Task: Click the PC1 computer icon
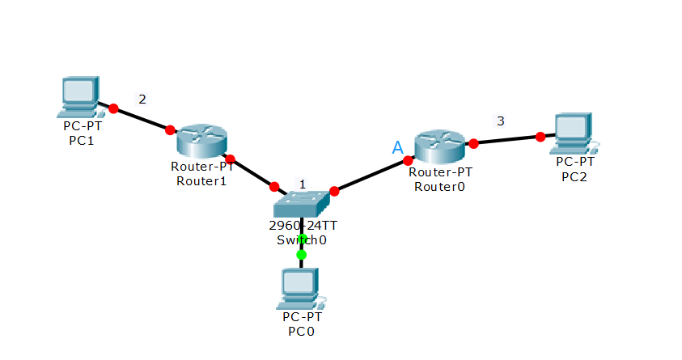point(80,95)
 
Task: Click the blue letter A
point(397,147)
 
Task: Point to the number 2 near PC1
point(142,100)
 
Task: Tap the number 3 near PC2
point(500,121)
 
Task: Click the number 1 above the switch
point(303,184)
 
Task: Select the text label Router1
point(202,180)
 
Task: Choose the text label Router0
point(439,186)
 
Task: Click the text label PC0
point(301,331)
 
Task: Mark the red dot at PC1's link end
point(113,108)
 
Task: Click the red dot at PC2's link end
point(540,137)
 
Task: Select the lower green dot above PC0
point(301,255)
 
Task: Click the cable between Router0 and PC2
point(506,140)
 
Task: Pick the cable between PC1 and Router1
point(142,119)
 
